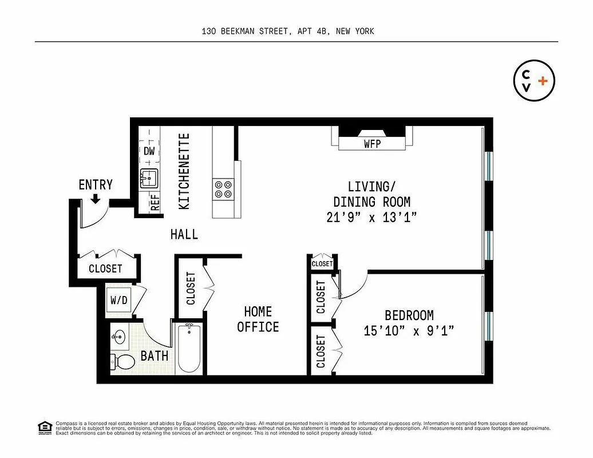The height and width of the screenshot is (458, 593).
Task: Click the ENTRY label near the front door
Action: pos(96,184)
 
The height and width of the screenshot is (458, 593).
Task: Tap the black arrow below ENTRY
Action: pos(96,198)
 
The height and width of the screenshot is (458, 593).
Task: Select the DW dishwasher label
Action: pos(149,152)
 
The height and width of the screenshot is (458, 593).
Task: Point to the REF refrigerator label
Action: pos(155,203)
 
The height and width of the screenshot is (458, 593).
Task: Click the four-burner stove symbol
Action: pos(223,189)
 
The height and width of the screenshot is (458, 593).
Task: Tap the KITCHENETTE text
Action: pos(184,171)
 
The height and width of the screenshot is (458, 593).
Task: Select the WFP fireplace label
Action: pos(372,144)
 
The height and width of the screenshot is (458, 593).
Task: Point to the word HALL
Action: pos(184,234)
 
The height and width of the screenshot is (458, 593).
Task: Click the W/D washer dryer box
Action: pos(119,300)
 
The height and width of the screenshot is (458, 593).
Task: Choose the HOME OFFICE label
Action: pos(258,319)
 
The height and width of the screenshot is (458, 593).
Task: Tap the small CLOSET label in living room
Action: pos(322,263)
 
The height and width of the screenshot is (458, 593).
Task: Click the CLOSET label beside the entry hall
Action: pos(105,268)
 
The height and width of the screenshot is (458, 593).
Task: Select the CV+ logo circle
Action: pos(534,81)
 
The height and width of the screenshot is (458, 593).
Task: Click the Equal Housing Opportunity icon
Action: pos(43,427)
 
